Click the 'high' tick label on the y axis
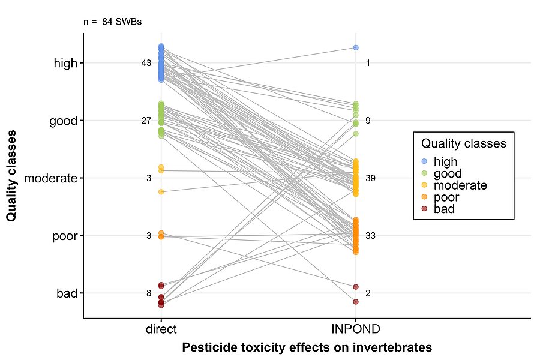[65, 63]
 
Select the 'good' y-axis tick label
[64, 121]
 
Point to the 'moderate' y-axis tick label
[52, 178]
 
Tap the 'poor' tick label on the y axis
[65, 236]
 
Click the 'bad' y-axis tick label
[67, 293]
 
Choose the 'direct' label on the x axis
[161, 329]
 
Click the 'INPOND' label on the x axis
[356, 329]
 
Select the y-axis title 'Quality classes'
[11, 178]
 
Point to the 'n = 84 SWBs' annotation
[112, 22]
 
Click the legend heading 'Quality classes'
[463, 144]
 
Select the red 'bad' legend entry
[444, 209]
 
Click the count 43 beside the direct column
[146, 63]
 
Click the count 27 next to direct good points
[146, 121]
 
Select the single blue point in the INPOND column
[356, 47]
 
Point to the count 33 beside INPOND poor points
[370, 236]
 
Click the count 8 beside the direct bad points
[149, 293]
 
